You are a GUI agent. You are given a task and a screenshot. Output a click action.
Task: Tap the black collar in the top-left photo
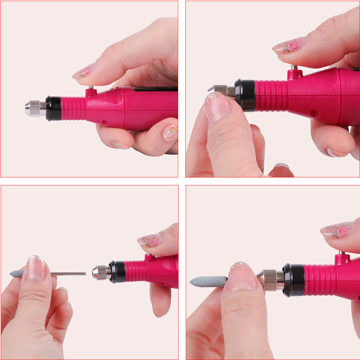[x=53, y=108]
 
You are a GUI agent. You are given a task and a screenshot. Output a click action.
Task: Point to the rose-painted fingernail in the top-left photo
[x=84, y=72]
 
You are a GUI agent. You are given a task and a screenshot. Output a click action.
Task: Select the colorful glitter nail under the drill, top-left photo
[x=170, y=133]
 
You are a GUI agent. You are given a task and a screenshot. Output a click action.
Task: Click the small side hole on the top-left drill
[x=105, y=122]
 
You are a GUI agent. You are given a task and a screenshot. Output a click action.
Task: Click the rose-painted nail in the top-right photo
[x=289, y=45]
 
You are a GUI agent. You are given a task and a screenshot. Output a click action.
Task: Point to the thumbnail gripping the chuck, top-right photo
[x=217, y=106]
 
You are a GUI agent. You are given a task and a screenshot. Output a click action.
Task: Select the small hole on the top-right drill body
[x=314, y=113]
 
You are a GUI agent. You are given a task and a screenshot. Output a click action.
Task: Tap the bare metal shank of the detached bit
[x=68, y=274]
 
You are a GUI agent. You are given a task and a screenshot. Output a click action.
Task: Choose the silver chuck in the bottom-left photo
[x=101, y=273]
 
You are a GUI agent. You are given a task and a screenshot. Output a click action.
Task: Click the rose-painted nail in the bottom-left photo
[x=150, y=240]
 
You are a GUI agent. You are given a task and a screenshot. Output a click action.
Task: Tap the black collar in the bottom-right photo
[x=293, y=280]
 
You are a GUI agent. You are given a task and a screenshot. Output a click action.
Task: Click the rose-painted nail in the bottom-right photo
[x=338, y=231]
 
